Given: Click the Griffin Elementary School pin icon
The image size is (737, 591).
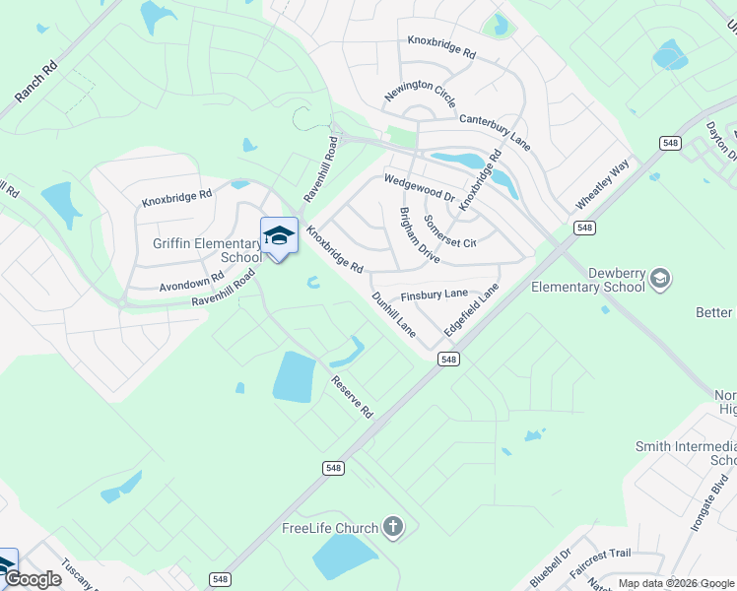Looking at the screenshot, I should (x=279, y=236).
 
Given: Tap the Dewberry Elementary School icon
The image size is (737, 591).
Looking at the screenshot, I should (x=659, y=280).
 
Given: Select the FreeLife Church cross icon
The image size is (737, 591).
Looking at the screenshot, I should (x=393, y=528).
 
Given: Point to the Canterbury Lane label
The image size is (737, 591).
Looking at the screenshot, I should (x=495, y=131).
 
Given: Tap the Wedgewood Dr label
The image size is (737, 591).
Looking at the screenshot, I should (x=419, y=187).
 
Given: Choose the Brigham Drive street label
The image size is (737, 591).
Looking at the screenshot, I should (x=419, y=234).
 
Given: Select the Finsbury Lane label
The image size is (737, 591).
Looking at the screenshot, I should (x=434, y=295).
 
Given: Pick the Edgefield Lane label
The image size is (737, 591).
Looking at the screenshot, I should (x=471, y=310).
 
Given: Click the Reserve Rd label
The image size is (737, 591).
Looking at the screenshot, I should (x=353, y=396).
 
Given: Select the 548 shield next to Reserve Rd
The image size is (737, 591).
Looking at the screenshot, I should (x=334, y=468).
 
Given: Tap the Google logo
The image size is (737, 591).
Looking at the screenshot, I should (x=33, y=579).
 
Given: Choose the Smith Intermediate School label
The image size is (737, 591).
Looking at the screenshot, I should (x=687, y=453).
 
